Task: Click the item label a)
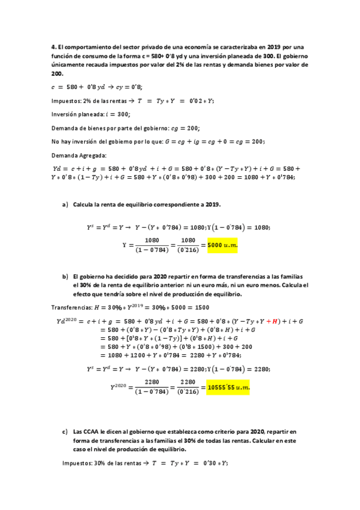click(65, 205)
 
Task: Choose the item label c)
click(65, 432)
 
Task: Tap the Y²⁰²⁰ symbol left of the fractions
click(119, 388)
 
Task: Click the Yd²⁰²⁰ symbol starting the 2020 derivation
click(66, 322)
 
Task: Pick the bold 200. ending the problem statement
click(57, 73)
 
